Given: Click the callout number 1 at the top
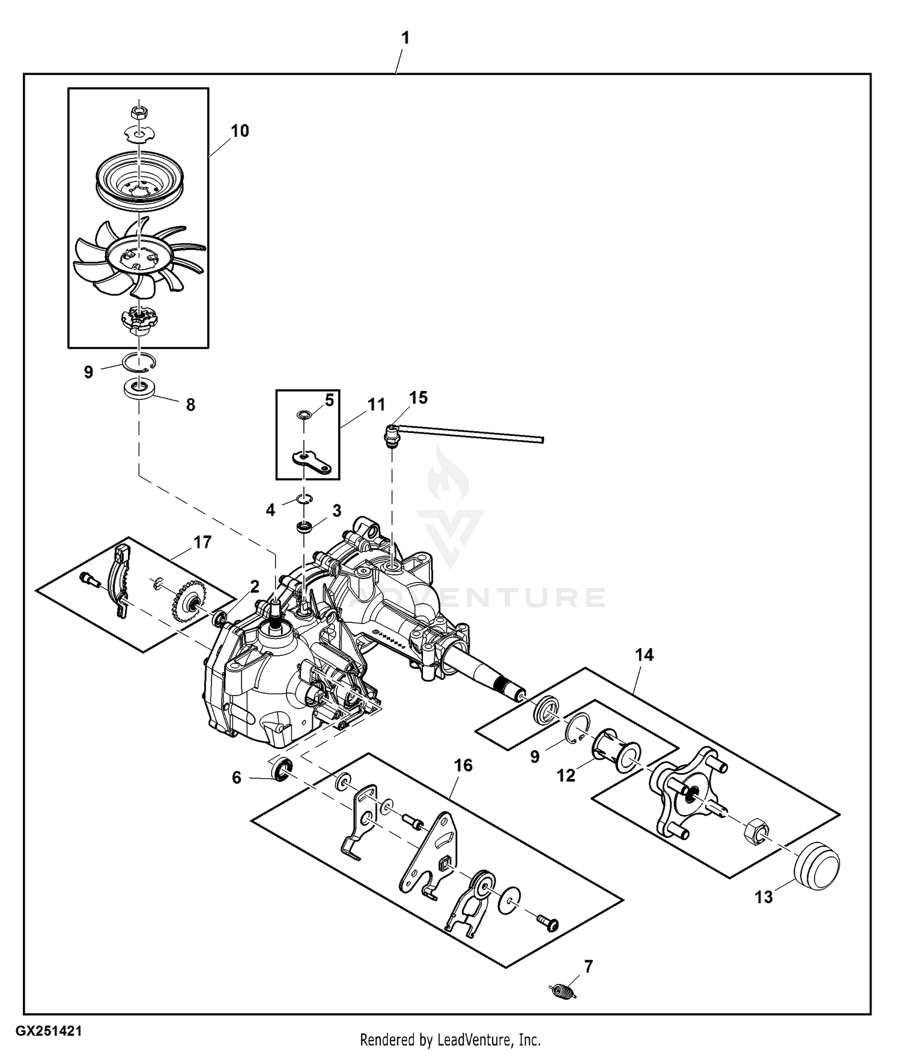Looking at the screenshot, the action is (x=405, y=38).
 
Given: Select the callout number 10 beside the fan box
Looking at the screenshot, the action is (x=240, y=131).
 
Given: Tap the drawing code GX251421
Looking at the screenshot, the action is (x=49, y=1031).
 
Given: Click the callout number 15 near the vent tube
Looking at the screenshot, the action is (x=418, y=398).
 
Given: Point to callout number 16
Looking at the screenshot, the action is (x=463, y=765).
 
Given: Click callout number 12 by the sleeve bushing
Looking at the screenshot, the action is (x=566, y=775).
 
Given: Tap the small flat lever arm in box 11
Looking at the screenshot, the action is (x=312, y=462).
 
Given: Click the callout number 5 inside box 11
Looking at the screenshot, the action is (x=329, y=400).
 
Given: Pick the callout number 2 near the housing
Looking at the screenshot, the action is (x=255, y=587).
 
